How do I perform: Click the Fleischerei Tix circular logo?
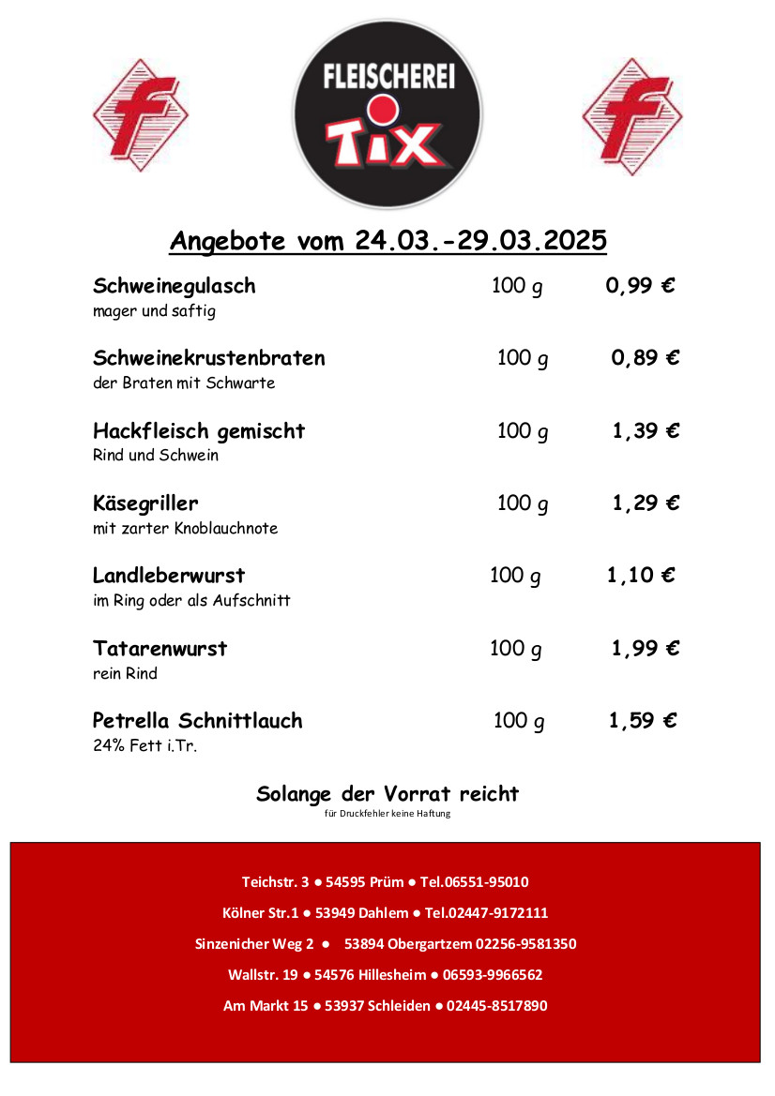tap(387, 113)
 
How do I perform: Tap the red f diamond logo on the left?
tap(140, 115)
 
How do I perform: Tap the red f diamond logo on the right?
tap(631, 115)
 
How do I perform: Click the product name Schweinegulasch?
tap(175, 286)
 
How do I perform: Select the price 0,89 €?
tap(645, 358)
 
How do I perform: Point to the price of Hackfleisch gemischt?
tap(645, 430)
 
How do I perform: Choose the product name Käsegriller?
tap(145, 503)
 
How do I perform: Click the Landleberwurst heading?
tap(169, 575)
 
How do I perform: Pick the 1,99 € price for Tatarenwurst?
tap(645, 648)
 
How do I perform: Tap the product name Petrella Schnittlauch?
tap(197, 721)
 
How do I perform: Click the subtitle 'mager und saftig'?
tap(154, 311)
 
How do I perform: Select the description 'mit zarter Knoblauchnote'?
tap(185, 529)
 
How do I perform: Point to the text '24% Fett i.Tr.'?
tap(144, 747)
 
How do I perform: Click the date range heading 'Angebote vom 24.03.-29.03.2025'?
tap(387, 241)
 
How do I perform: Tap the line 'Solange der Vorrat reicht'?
tap(387, 794)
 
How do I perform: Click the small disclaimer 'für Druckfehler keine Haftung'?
tap(387, 813)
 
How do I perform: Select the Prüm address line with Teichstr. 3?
tap(385, 882)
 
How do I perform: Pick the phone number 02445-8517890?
tap(496, 1006)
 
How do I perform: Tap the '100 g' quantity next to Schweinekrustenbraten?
tap(523, 358)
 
